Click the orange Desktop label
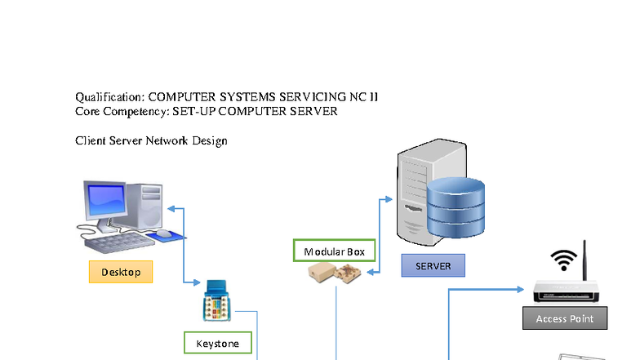[x=121, y=271]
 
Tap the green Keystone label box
[x=217, y=343]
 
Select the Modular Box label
[x=334, y=251]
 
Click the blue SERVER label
[x=433, y=265]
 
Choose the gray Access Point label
[x=564, y=318]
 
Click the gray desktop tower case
[x=153, y=205]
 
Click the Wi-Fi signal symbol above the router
[x=562, y=260]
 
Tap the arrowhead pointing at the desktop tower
[x=171, y=209]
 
